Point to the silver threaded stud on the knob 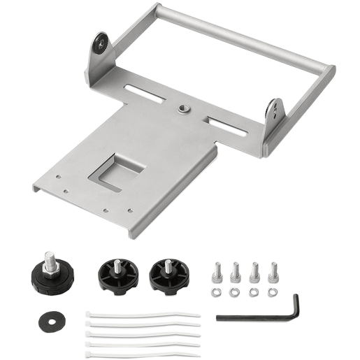(51, 259)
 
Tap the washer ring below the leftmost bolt (217, 290)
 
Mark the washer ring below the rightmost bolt (273, 290)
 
